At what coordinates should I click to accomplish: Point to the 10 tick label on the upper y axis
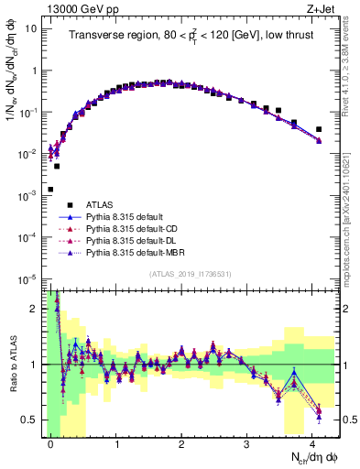click(31, 28)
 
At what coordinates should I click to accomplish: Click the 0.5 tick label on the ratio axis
click(31, 420)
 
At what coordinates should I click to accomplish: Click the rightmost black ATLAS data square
click(319, 129)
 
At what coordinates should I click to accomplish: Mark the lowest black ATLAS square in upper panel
click(50, 190)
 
